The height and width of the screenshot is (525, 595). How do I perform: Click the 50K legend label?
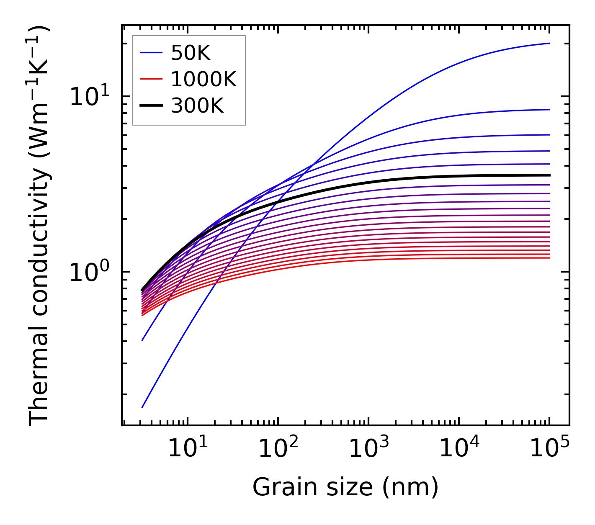(x=191, y=53)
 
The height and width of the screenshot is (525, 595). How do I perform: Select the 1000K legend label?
(x=203, y=79)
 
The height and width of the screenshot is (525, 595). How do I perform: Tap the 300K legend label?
(x=197, y=106)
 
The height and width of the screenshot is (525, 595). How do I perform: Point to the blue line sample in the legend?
(x=151, y=53)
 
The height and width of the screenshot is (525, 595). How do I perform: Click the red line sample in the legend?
(x=151, y=79)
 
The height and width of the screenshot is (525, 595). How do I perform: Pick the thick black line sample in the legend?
(x=151, y=106)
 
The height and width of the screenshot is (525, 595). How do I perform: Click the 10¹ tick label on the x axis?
(x=187, y=449)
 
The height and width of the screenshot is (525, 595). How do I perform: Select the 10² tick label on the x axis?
(x=278, y=449)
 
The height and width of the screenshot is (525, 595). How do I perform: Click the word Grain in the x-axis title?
(x=276, y=487)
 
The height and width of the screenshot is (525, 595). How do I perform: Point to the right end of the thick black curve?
(x=549, y=175)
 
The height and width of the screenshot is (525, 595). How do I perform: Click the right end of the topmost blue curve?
(x=549, y=43)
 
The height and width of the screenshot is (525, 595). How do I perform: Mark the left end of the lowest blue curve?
(x=142, y=407)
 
